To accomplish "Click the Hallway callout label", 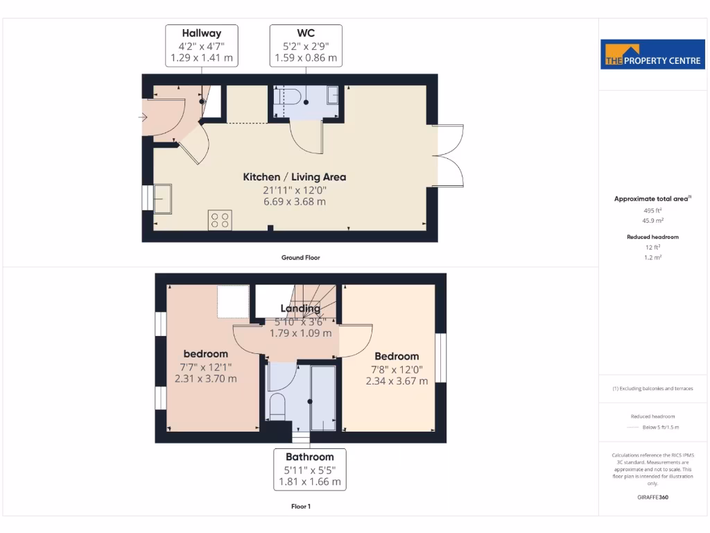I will click(x=202, y=46).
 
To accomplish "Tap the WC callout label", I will click(x=306, y=46).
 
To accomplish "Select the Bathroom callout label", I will click(x=310, y=469).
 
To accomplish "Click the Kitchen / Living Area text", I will click(x=294, y=177).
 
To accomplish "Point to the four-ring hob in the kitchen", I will click(x=220, y=220).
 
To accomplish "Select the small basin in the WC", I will click(x=333, y=94).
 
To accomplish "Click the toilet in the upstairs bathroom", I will click(x=277, y=406).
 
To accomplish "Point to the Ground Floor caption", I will click(x=300, y=257).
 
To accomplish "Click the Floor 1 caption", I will click(x=300, y=507).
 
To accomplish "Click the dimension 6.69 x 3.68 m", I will click(x=294, y=202).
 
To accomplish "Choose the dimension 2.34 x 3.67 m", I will click(x=397, y=381).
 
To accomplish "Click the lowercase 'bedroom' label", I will click(x=205, y=354).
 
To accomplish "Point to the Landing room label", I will click(x=300, y=308).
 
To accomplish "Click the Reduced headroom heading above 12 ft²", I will click(x=652, y=237).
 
